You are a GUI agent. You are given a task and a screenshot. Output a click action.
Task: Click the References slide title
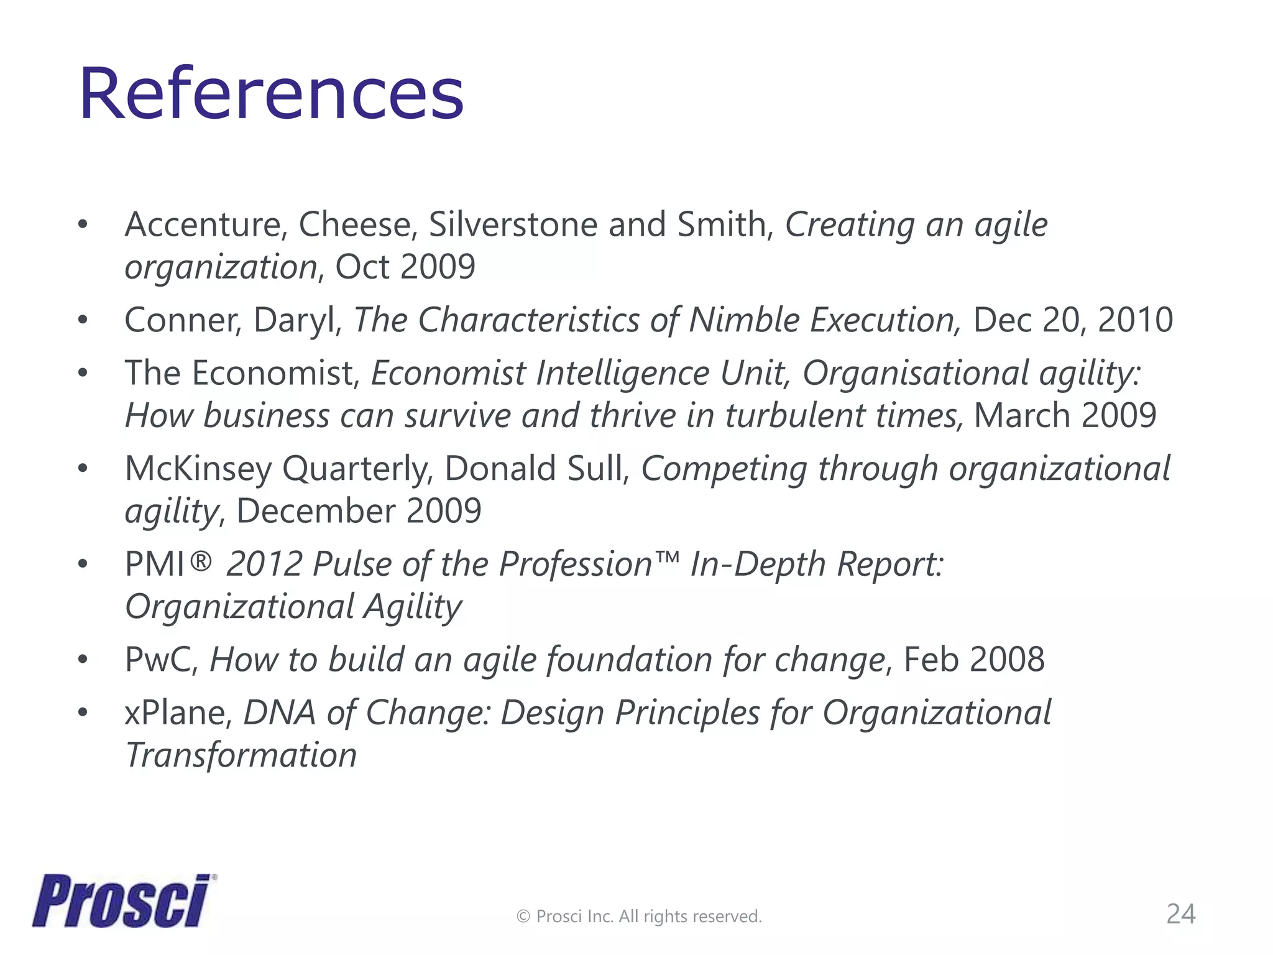[272, 95]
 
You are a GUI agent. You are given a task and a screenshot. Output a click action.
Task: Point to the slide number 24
[1180, 914]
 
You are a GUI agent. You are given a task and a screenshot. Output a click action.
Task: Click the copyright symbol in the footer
[523, 916]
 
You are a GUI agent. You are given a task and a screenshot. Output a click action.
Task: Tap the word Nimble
[743, 320]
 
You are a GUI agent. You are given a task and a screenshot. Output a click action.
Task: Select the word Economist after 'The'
[275, 373]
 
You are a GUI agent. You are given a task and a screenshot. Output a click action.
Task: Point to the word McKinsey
[198, 469]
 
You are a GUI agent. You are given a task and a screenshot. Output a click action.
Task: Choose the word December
[315, 511]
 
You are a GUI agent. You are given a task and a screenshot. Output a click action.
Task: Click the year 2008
[1006, 660]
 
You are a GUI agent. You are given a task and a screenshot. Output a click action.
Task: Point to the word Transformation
[241, 755]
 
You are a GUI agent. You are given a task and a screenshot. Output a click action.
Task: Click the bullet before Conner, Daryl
[83, 321]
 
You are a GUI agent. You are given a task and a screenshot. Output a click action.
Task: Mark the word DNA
[279, 713]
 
